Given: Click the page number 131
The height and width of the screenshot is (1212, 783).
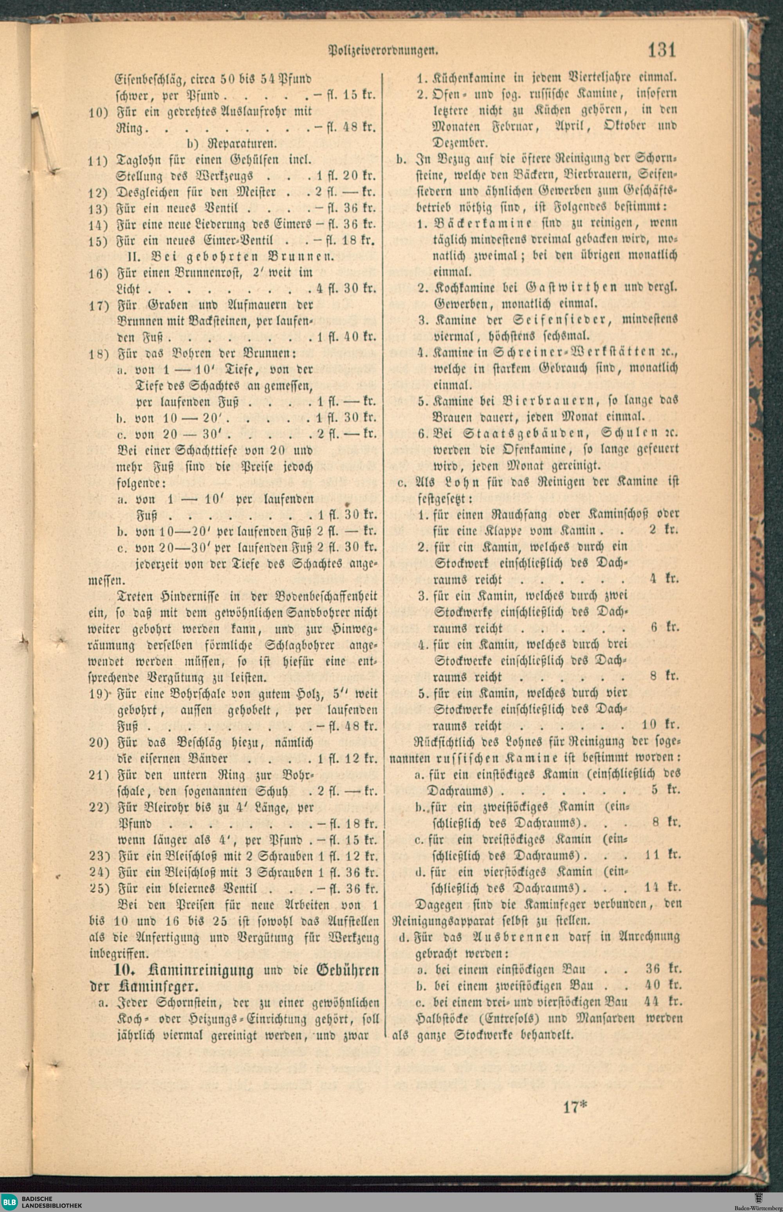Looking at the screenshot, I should click(662, 51).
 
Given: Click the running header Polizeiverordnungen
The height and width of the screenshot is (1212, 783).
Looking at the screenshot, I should click(384, 51).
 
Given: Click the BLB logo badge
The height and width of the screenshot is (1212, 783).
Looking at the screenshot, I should click(10, 1202).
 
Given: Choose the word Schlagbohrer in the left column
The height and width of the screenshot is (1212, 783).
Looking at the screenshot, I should click(300, 646).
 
